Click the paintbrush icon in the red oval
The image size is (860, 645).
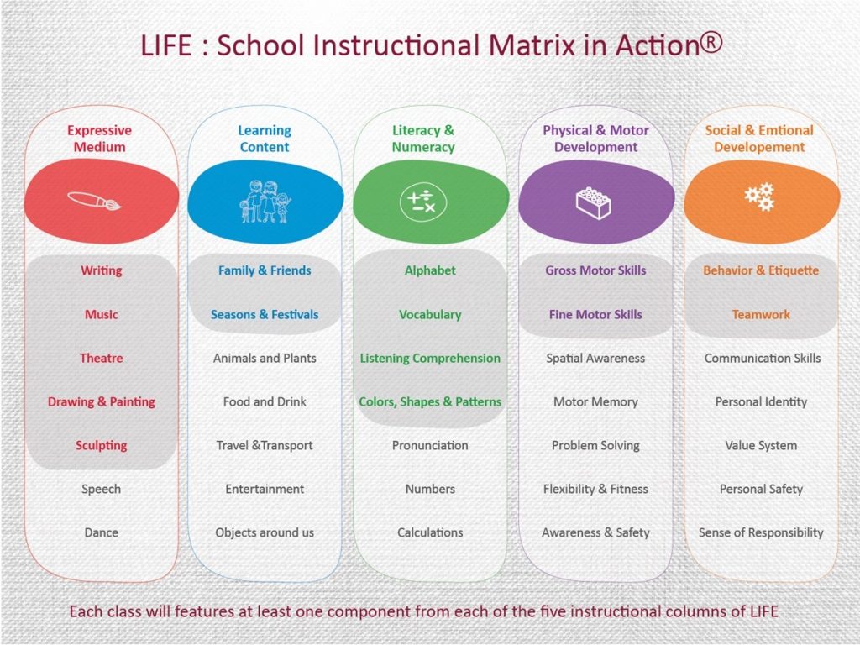click(x=94, y=202)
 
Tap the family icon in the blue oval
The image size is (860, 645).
click(x=265, y=202)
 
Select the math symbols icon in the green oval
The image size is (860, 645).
click(x=423, y=202)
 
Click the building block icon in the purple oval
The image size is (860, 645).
click(x=594, y=203)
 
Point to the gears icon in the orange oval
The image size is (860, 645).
click(x=759, y=197)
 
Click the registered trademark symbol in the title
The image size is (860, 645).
click(x=711, y=43)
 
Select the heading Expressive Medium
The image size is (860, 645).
click(x=100, y=139)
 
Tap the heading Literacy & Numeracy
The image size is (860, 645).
click(x=423, y=139)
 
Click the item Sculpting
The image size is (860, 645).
click(x=102, y=445)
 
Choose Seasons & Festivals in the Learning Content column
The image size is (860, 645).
click(x=265, y=314)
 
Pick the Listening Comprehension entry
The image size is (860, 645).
click(x=430, y=358)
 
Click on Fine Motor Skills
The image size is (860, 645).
click(x=595, y=314)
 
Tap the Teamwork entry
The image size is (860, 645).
click(x=761, y=314)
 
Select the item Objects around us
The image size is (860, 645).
click(x=265, y=532)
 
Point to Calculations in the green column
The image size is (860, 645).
click(x=430, y=532)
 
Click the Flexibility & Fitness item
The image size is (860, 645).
click(x=595, y=489)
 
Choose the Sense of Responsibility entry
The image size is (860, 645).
click(x=761, y=532)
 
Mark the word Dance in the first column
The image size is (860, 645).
click(x=102, y=532)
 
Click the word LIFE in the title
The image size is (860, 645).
click(x=166, y=45)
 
